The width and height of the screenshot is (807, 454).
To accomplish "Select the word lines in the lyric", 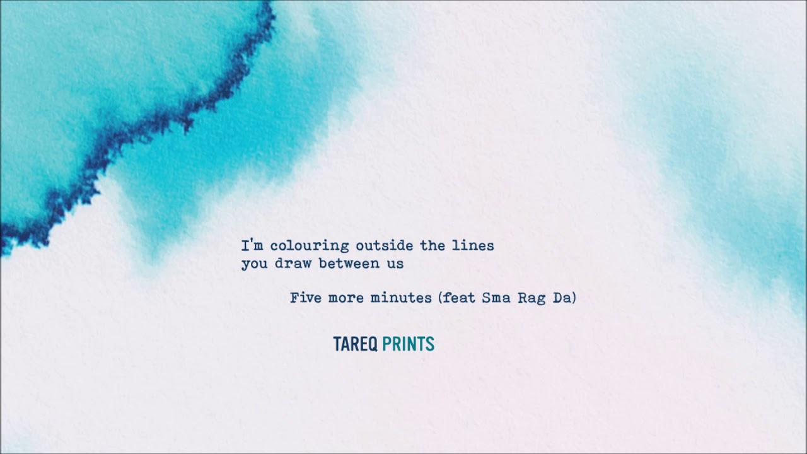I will pos(473,245).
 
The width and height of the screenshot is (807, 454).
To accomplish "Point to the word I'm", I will pos(252,245).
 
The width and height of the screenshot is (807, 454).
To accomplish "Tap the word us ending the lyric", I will pos(395,264).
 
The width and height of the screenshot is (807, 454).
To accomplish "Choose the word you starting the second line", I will pos(255,264).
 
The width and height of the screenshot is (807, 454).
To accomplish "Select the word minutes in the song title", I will pos(401,298).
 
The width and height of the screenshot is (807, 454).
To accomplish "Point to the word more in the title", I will pos(347,298).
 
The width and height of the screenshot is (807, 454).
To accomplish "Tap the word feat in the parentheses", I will pos(459,298).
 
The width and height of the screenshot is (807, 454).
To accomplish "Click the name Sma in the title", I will pos(496,298).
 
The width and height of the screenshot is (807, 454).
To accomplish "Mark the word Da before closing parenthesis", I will pos(561,298).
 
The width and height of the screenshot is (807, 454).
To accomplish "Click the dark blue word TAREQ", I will pos(356,344).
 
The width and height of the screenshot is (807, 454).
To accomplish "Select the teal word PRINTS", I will pos(408,344).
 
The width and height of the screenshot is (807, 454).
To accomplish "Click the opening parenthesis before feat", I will pos(439,298).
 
